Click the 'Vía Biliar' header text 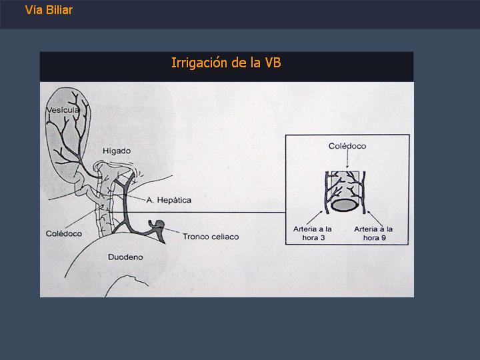49,10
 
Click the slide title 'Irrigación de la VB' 226,63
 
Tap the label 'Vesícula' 63,110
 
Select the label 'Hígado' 117,151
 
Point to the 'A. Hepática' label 169,200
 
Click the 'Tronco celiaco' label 211,237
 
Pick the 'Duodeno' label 125,257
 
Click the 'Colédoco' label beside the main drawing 64,233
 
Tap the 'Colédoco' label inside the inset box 347,146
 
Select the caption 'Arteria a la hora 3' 313,233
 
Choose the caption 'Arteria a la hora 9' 373,233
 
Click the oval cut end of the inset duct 345,205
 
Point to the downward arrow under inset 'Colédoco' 347,159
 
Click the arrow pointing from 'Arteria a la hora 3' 315,217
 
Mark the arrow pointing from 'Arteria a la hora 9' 375,218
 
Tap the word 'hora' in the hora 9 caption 370,238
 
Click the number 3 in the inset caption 323,238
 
